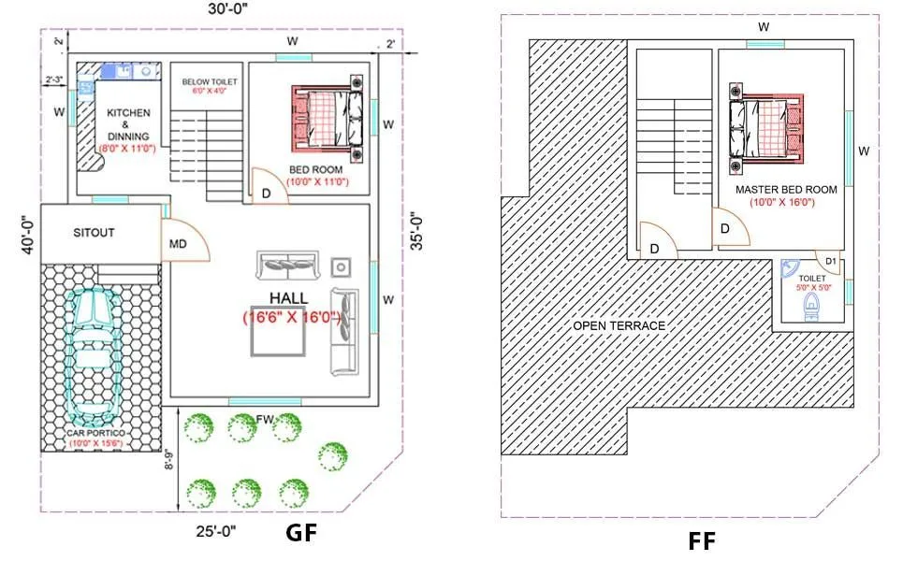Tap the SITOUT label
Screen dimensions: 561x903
(94, 232)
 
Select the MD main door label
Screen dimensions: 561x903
(176, 245)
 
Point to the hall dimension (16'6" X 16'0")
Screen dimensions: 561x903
(291, 317)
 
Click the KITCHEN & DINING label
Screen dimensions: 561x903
(128, 124)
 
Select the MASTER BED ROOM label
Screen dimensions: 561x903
(786, 190)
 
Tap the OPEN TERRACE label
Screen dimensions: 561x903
(619, 325)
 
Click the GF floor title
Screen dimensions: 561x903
(301, 533)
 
